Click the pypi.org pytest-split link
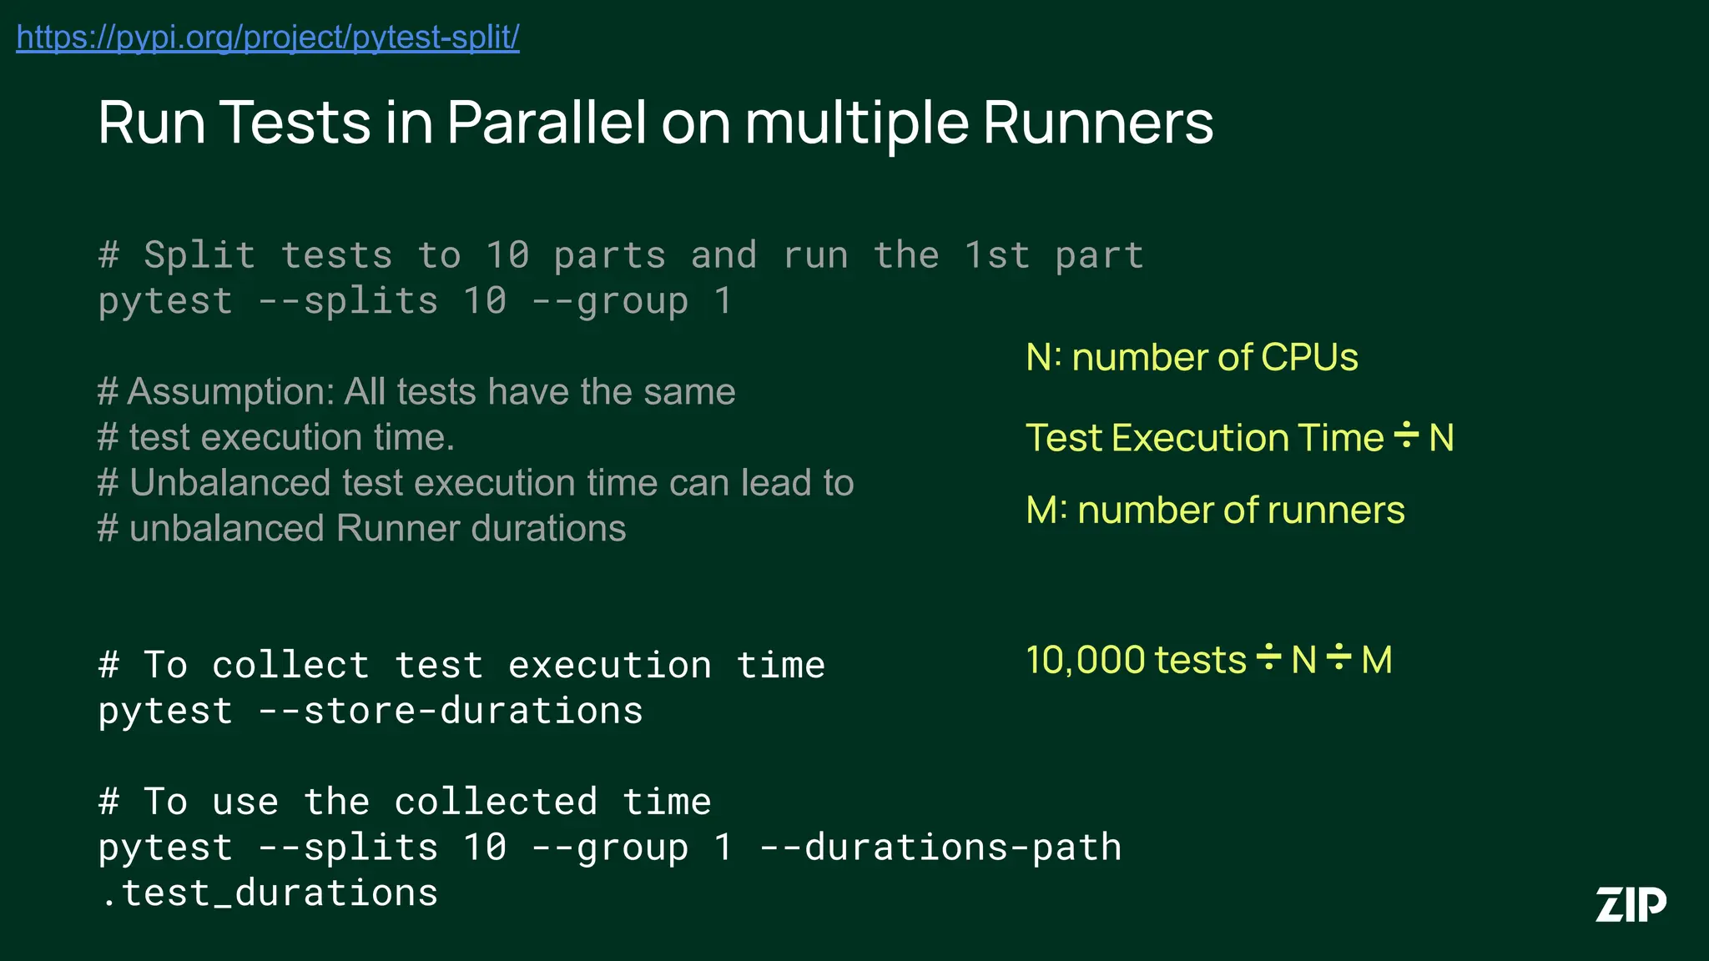point(268,38)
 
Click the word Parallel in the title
point(547,123)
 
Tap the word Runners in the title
point(1098,123)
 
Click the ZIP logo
point(1631,904)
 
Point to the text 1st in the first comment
point(997,255)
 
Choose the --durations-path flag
point(940,848)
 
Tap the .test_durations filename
point(269,893)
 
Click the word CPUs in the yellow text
point(1309,357)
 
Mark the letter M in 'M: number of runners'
point(1042,511)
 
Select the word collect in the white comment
point(290,666)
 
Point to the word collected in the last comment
point(496,803)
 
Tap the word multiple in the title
point(856,123)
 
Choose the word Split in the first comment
point(199,255)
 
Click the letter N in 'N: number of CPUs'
point(1038,357)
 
